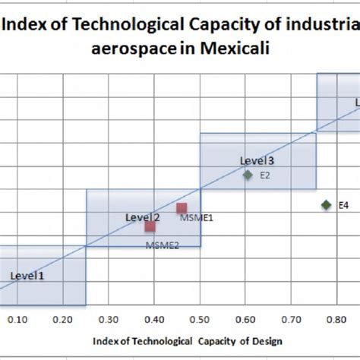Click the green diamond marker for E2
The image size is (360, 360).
(x=248, y=175)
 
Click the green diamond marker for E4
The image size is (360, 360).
(x=326, y=204)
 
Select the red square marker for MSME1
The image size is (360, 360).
(x=182, y=208)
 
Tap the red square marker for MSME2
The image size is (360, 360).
(x=150, y=226)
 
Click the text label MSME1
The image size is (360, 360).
(x=197, y=218)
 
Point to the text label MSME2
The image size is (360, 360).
(x=163, y=245)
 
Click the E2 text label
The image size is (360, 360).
(x=265, y=175)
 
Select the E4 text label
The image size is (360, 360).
(x=343, y=205)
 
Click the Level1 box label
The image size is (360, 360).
(x=27, y=276)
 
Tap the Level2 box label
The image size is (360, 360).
(x=142, y=218)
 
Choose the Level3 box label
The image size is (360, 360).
(x=257, y=160)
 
